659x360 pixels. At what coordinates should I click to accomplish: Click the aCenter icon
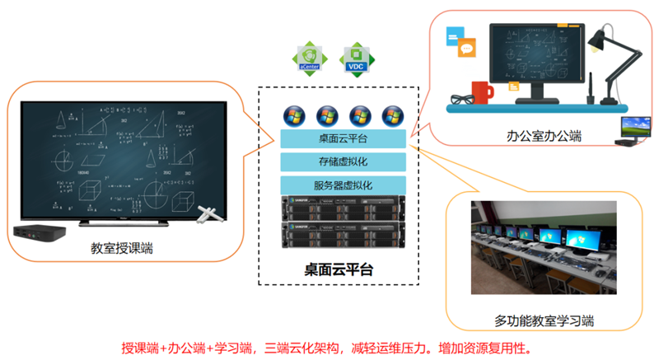pyautogui.click(x=311, y=59)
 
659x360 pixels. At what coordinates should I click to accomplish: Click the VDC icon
pyautogui.click(x=356, y=59)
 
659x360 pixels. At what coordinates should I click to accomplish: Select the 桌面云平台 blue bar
pyautogui.click(x=344, y=139)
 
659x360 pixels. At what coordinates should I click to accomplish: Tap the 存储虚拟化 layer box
pyautogui.click(x=344, y=162)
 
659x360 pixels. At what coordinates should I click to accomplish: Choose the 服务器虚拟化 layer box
pyautogui.click(x=344, y=185)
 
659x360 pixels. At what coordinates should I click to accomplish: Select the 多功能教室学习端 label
pyautogui.click(x=544, y=321)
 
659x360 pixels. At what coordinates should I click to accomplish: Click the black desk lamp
pyautogui.click(x=613, y=62)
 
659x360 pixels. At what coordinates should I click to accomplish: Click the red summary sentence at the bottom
pyautogui.click(x=330, y=345)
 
